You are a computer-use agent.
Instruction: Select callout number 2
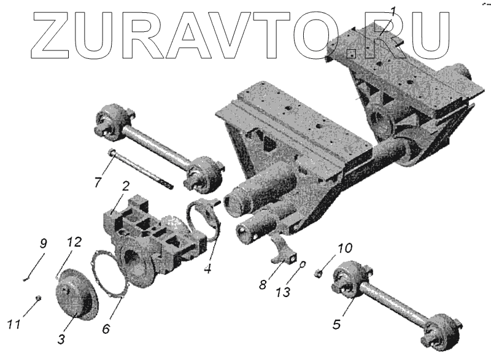click(125, 186)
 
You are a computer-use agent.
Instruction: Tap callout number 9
click(43, 244)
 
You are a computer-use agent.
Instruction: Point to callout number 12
click(74, 244)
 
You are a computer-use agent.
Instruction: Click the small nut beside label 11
click(37, 298)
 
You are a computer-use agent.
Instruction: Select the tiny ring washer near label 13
click(303, 265)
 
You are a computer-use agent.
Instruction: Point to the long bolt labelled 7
click(141, 168)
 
